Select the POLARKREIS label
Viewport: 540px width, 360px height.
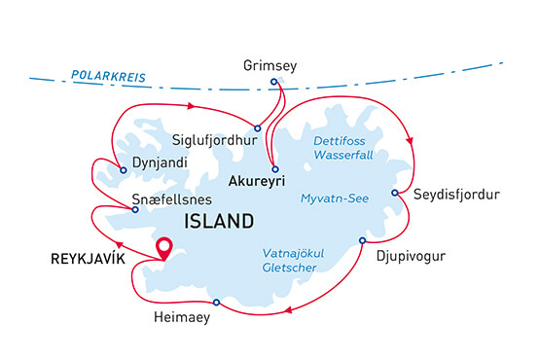[104, 75]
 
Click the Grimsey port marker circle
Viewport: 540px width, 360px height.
[274, 81]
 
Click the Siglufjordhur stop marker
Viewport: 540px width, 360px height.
[257, 128]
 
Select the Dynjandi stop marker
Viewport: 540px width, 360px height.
[124, 171]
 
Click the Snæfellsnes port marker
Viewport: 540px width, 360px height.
[135, 210]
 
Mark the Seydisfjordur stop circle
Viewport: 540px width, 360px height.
[394, 193]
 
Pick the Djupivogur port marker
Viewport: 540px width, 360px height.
[362, 240]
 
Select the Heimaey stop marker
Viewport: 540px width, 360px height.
[216, 303]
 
